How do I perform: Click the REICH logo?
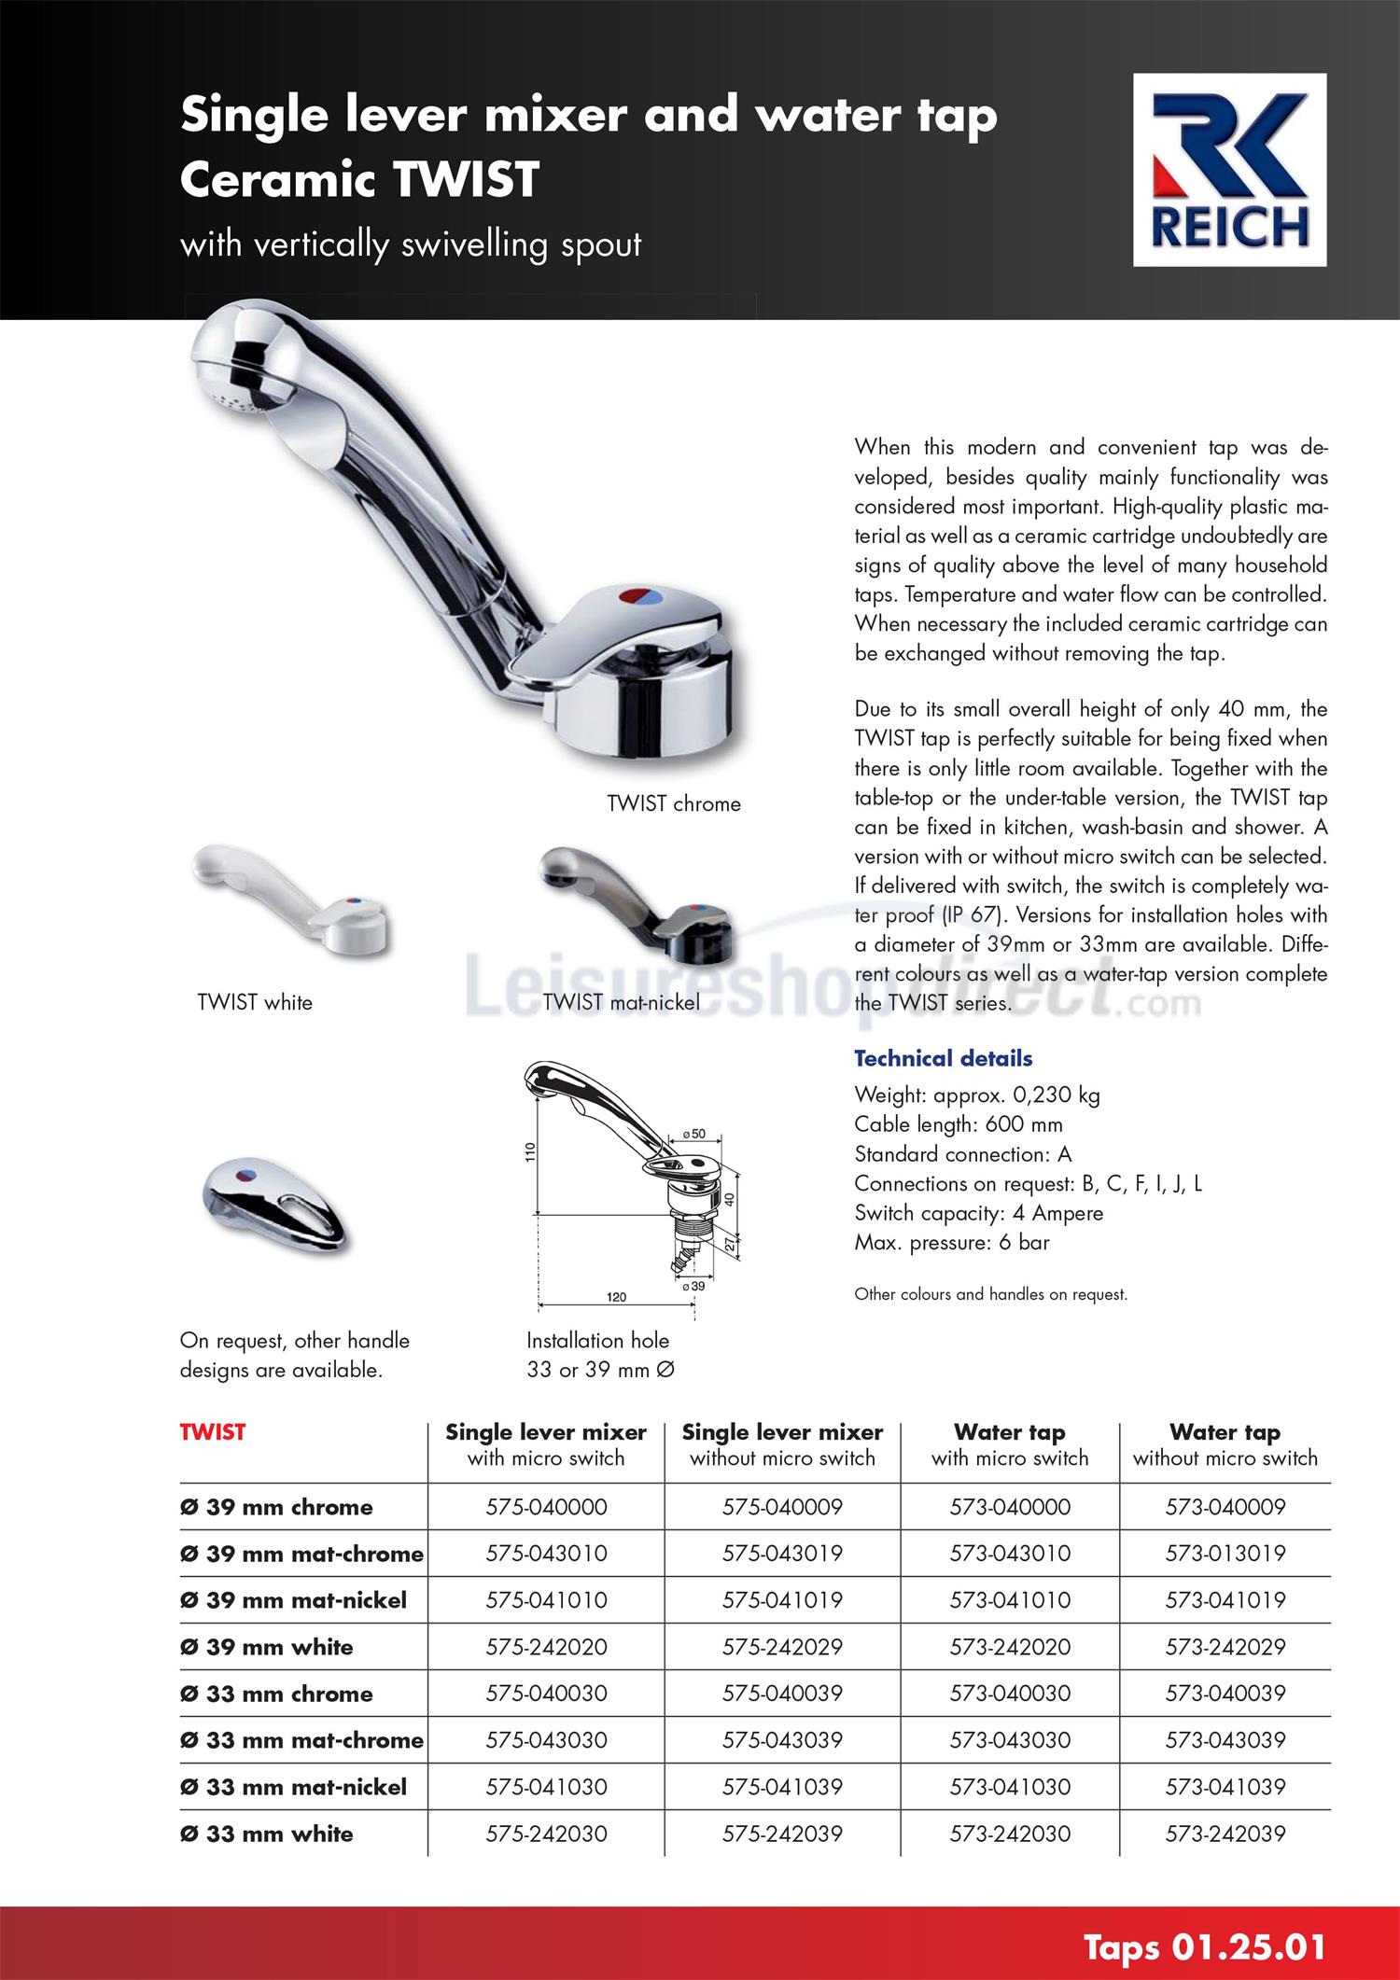(x=1228, y=170)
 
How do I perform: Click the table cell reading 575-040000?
(x=546, y=1507)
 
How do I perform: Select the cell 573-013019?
(x=1225, y=1554)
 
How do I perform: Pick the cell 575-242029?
(x=782, y=1647)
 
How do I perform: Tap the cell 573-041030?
(x=1010, y=1787)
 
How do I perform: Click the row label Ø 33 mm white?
(x=267, y=1834)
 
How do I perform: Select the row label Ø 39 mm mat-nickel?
(x=293, y=1600)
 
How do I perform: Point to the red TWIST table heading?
(x=213, y=1432)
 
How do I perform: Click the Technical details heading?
(x=943, y=1058)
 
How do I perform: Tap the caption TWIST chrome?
(x=673, y=803)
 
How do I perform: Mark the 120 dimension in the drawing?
(x=616, y=1297)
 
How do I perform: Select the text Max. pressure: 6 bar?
(x=952, y=1242)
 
